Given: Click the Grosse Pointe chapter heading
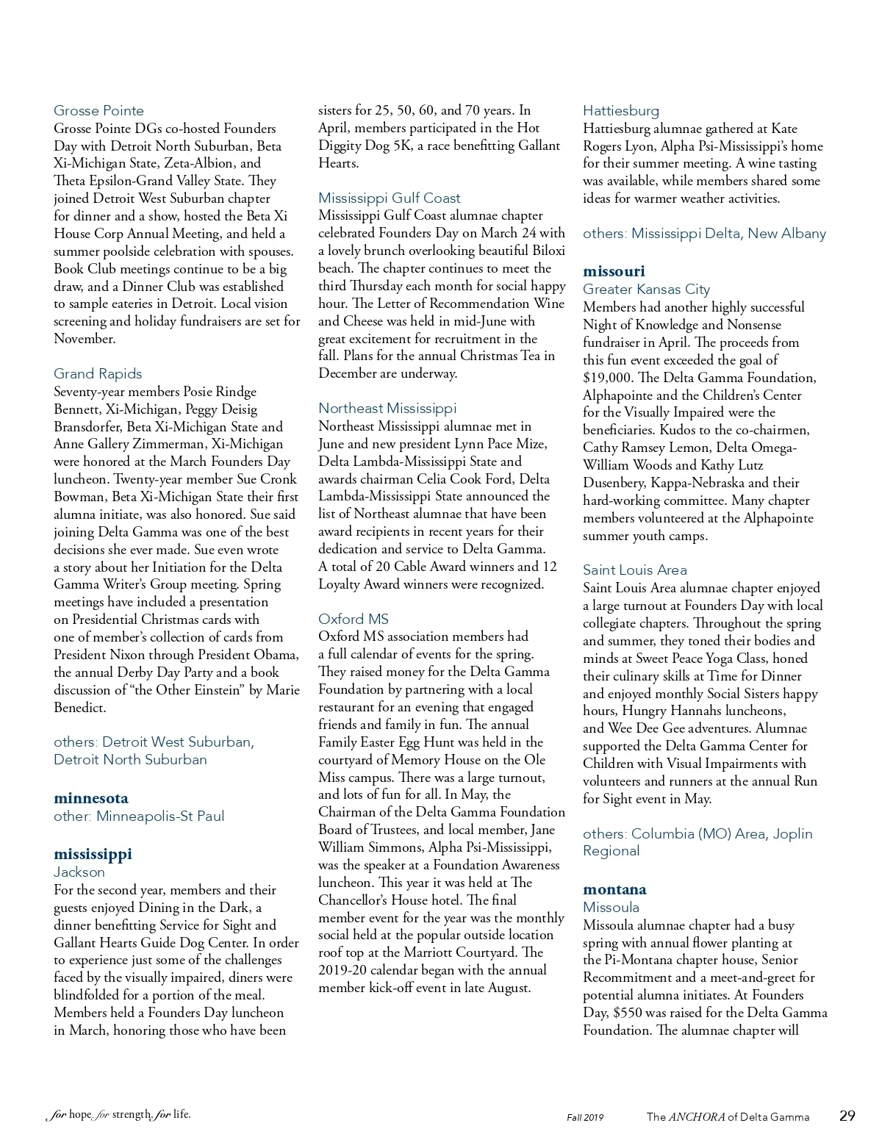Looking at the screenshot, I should [x=98, y=111].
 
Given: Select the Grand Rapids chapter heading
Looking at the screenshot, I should [x=98, y=374].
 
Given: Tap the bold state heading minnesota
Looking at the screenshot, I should [x=91, y=798].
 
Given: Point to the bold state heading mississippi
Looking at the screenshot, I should [x=93, y=854].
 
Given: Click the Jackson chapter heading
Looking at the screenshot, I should [x=79, y=872].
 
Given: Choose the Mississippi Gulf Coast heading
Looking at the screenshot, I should [x=389, y=198].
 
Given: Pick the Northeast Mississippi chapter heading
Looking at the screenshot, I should [x=387, y=409].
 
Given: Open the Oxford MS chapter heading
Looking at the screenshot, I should [x=354, y=620].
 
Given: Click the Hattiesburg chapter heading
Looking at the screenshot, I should [x=621, y=111].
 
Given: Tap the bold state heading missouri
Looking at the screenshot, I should [x=614, y=271].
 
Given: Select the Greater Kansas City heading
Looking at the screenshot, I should [x=646, y=290].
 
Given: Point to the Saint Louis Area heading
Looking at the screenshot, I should [x=635, y=570].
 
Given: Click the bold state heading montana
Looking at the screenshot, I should [x=614, y=889].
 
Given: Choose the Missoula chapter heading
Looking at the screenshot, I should [x=611, y=908].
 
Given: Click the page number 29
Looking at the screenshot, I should [x=847, y=1116].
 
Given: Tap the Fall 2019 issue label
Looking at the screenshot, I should [x=585, y=1118].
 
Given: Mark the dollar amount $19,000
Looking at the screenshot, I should [x=607, y=378].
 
